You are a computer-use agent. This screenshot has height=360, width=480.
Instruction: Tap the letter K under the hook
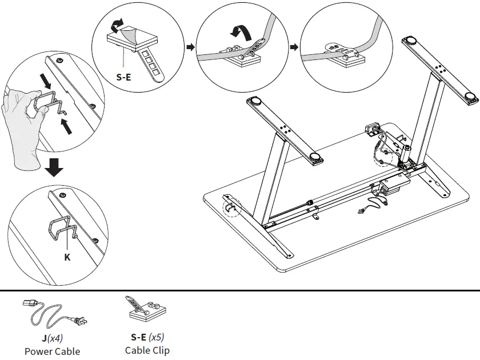click(x=67, y=257)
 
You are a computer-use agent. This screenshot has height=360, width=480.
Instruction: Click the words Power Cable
click(x=52, y=351)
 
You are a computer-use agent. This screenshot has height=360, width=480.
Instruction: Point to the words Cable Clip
click(x=147, y=350)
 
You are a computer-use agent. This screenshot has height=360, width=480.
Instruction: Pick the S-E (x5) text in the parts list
click(x=147, y=337)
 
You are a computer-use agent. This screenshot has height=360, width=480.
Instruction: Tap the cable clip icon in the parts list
click(x=145, y=309)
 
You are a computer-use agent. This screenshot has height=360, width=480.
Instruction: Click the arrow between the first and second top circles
click(x=189, y=46)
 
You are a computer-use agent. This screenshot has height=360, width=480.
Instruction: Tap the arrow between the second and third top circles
click(x=294, y=46)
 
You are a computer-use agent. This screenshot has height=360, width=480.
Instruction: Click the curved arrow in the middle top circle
click(x=239, y=29)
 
